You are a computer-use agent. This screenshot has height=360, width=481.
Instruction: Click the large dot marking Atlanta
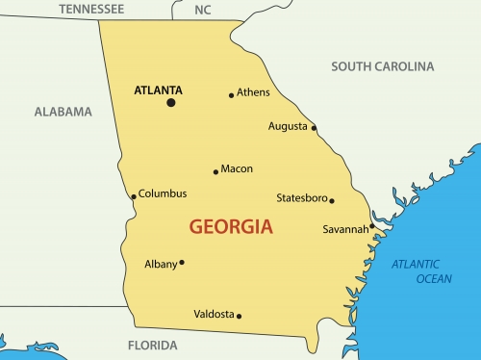pyautogui.click(x=171, y=102)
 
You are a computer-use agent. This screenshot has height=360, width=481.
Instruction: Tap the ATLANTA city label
pyautogui.click(x=156, y=90)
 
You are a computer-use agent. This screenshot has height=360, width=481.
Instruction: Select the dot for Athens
pyautogui.click(x=232, y=95)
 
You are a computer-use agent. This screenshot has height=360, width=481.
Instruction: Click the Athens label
pyautogui.click(x=254, y=92)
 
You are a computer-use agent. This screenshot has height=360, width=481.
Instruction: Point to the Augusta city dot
pyautogui.click(x=314, y=127)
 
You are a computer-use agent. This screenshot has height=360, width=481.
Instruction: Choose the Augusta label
pyautogui.click(x=289, y=126)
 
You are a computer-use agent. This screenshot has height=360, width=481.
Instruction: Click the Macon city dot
pyautogui.click(x=215, y=172)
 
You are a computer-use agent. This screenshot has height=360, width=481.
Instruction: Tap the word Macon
pyautogui.click(x=237, y=169)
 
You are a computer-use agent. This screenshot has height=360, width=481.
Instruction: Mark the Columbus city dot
pyautogui.click(x=134, y=196)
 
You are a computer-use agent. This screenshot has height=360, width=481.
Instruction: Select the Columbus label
pyautogui.click(x=163, y=193)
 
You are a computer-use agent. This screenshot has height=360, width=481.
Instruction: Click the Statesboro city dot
pyautogui.click(x=332, y=200)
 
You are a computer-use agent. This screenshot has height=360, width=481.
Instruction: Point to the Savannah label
pyautogui.click(x=344, y=229)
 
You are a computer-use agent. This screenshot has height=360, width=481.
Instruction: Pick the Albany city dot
pyautogui.click(x=182, y=262)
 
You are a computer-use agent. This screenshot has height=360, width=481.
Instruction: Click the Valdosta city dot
pyautogui.click(x=239, y=316)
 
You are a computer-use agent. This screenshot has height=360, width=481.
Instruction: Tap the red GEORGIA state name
pyautogui.click(x=231, y=228)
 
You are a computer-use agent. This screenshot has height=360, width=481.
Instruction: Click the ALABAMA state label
pyautogui.click(x=63, y=112)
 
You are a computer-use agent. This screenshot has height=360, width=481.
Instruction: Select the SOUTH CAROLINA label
pyautogui.click(x=382, y=66)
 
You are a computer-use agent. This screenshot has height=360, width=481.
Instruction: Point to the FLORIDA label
pyautogui.click(x=154, y=345)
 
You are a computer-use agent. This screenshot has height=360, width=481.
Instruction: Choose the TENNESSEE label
pyautogui.click(x=91, y=9)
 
